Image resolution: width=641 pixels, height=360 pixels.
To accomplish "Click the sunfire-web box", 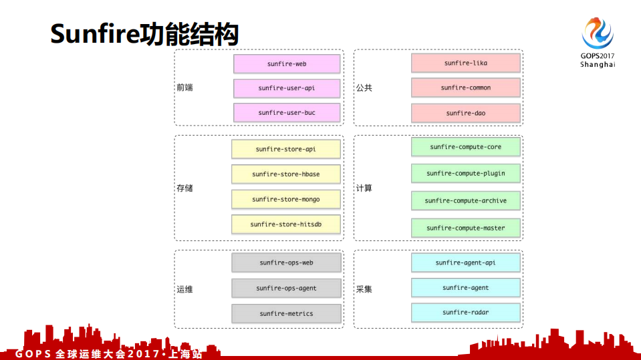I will click(x=287, y=64).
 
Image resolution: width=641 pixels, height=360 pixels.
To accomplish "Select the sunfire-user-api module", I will click(x=287, y=88).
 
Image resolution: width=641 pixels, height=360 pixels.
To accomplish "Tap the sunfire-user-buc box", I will click(x=287, y=113).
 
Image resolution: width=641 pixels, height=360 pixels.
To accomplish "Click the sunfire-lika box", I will click(x=465, y=63).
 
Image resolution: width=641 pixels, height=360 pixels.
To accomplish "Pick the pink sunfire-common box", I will click(x=465, y=87).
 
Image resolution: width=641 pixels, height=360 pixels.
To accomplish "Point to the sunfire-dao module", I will click(x=465, y=113).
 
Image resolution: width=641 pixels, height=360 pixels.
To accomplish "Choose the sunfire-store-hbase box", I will click(x=285, y=174).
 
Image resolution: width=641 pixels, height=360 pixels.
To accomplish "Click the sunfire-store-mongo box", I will click(x=285, y=199).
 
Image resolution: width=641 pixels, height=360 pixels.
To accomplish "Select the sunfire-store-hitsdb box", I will click(x=285, y=224).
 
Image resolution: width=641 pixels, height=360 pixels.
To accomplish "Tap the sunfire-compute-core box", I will click(x=465, y=147).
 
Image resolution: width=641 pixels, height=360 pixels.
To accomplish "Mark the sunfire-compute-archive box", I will click(x=465, y=201).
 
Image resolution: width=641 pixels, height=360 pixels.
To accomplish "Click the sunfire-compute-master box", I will click(x=465, y=228).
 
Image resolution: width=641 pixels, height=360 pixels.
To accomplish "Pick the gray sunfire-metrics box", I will click(x=286, y=314).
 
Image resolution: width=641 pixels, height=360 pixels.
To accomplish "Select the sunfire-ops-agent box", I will click(x=286, y=289).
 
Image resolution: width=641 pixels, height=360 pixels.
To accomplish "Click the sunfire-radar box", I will click(x=465, y=313).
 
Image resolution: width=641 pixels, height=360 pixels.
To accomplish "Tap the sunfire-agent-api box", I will click(x=465, y=262).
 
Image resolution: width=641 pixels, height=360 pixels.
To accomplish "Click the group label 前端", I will click(x=184, y=87).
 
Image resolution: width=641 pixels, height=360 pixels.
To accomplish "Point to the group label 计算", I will click(x=364, y=188).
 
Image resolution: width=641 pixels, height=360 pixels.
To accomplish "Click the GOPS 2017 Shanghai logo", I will click(x=597, y=41).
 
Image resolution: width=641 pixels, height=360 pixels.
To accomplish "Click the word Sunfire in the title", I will click(x=94, y=35).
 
